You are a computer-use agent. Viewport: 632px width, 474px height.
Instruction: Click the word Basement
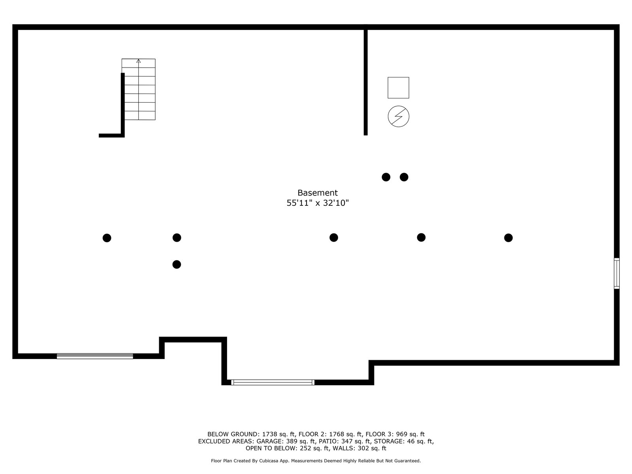(318, 193)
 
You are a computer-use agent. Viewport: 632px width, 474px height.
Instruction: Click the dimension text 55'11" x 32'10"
(318, 203)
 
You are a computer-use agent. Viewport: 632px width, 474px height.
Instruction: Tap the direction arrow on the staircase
(138, 61)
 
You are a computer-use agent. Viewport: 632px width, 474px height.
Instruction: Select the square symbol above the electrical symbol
(398, 88)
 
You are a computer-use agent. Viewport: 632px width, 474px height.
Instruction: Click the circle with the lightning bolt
(398, 117)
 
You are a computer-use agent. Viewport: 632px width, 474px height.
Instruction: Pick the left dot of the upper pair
(386, 177)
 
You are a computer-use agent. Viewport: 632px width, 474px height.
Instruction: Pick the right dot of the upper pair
(404, 177)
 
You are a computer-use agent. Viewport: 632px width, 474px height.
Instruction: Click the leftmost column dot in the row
(107, 238)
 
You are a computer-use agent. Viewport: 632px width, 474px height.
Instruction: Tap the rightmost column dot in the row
(508, 238)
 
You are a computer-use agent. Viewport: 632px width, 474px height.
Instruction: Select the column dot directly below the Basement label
(334, 237)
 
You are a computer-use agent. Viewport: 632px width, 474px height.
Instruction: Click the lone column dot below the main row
(177, 264)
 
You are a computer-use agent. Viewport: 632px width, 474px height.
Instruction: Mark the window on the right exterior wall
(617, 273)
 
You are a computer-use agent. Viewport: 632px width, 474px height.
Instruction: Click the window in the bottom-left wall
(95, 356)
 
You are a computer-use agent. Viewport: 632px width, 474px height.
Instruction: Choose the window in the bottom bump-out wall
(273, 382)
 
